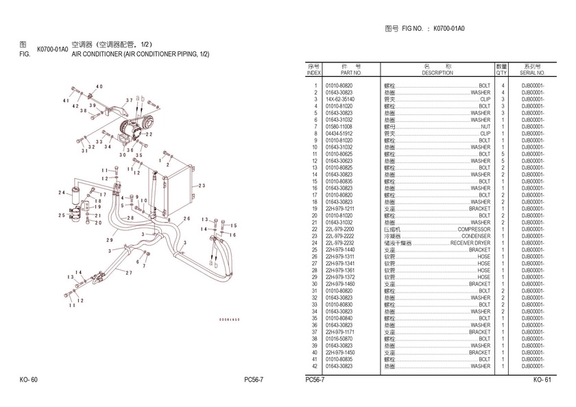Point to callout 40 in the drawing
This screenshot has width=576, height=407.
[99, 86]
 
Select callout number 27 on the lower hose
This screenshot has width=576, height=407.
[128, 273]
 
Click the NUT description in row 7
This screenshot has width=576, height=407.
[485, 127]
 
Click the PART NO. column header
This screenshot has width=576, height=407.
[350, 72]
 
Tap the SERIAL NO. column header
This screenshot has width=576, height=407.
[532, 72]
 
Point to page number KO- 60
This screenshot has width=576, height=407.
[29, 380]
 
